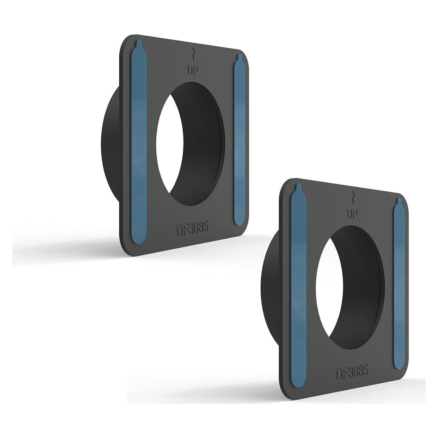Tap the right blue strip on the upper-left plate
click(x=239, y=139)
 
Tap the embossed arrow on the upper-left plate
click(x=192, y=53)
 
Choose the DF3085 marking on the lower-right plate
click(x=352, y=372)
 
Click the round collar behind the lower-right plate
click(x=270, y=284)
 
